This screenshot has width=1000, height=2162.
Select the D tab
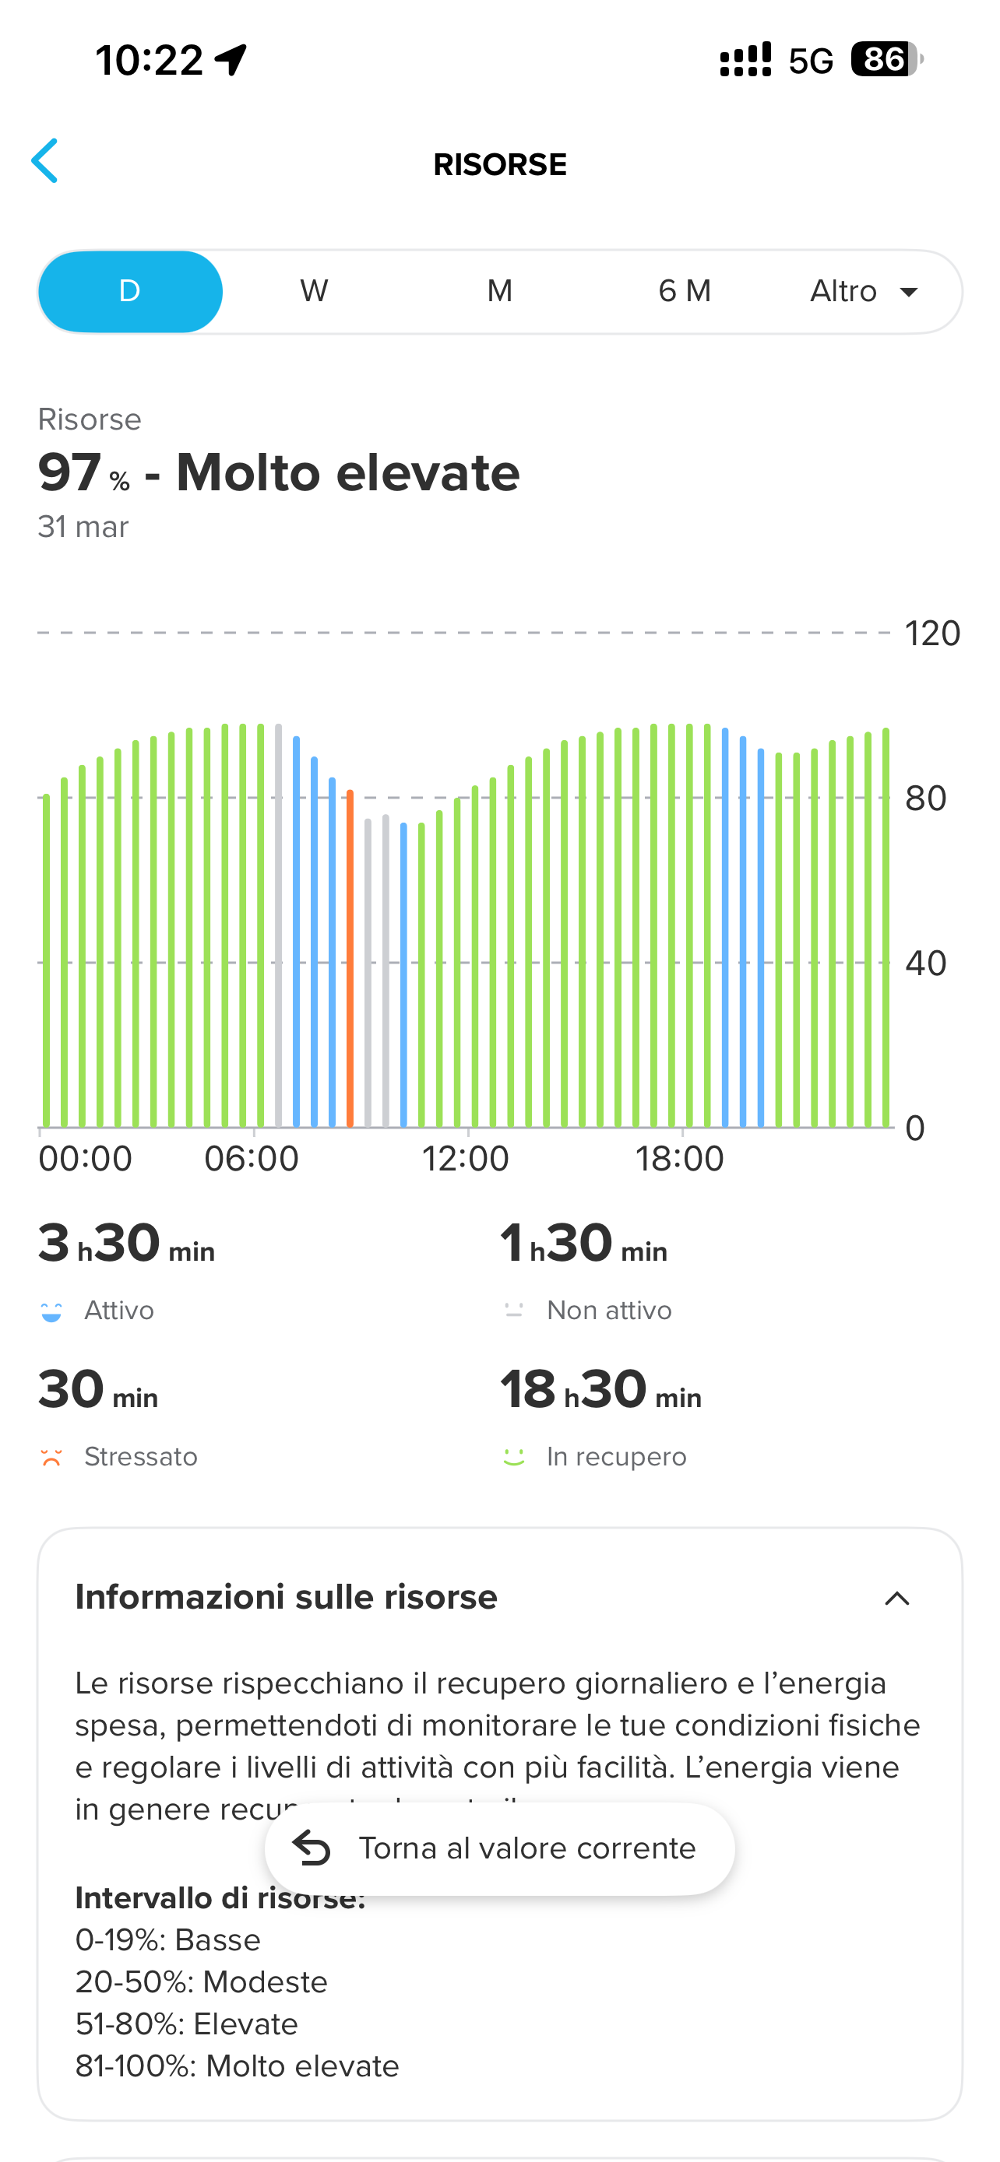tap(130, 291)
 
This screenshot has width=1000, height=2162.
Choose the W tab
tap(314, 291)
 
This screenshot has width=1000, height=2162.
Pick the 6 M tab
tap(685, 291)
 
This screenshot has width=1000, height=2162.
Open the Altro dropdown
tap(863, 291)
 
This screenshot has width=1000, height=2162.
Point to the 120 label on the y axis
tap(932, 634)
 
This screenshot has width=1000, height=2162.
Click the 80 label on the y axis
tap(925, 798)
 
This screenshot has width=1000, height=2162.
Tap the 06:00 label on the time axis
tap(252, 1159)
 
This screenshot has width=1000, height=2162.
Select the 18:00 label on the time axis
tap(679, 1159)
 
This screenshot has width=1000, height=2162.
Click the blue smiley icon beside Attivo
tap(51, 1311)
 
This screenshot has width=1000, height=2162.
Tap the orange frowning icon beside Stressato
tap(51, 1457)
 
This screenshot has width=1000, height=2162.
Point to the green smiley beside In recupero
tap(514, 1457)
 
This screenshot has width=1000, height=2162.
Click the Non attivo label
tap(609, 1311)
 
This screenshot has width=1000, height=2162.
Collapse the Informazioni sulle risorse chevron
tap(896, 1598)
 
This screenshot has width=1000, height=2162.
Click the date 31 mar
tap(83, 527)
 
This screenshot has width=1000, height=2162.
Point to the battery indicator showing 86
tap(886, 60)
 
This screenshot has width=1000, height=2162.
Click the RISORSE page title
tap(499, 164)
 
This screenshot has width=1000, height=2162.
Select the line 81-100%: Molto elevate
tap(237, 2065)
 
